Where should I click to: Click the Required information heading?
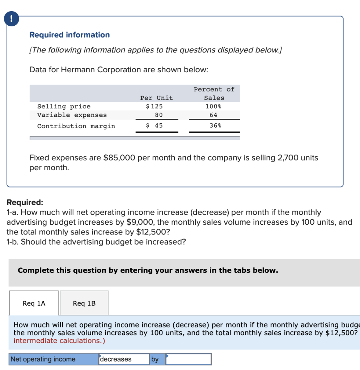click(69, 35)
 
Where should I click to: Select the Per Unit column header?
click(156, 98)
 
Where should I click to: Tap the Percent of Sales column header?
click(214, 94)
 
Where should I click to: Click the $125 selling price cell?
click(154, 107)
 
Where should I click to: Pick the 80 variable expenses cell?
click(158, 115)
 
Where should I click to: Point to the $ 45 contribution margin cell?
click(154, 126)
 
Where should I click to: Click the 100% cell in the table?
click(213, 107)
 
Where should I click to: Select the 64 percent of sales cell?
click(213, 115)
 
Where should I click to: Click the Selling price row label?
click(64, 107)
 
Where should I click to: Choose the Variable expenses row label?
click(72, 115)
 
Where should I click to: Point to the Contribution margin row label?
click(76, 126)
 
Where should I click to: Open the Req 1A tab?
click(34, 304)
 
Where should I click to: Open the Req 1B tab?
click(84, 304)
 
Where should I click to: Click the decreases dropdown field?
click(123, 359)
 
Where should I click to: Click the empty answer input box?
click(189, 359)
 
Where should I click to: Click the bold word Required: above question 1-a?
click(25, 202)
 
